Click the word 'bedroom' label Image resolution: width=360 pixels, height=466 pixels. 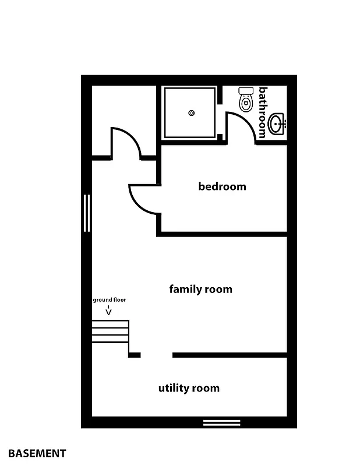click(222, 186)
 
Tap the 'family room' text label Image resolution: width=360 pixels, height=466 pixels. click(200, 289)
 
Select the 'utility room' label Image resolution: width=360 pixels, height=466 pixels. click(189, 388)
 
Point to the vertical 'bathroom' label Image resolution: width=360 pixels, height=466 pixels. click(262, 112)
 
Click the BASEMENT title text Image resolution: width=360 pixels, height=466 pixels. click(37, 453)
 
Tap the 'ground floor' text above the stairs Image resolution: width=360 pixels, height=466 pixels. click(110, 300)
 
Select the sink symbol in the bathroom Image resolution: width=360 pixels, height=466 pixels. click(277, 124)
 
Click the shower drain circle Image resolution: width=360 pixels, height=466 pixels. click(192, 113)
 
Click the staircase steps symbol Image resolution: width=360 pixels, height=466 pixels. click(110, 331)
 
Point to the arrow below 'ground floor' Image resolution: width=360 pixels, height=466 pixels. click(109, 311)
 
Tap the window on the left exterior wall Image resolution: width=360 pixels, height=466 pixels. click(87, 213)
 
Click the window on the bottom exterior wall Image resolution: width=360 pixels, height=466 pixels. click(221, 422)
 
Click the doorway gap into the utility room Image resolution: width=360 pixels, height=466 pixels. click(156, 355)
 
